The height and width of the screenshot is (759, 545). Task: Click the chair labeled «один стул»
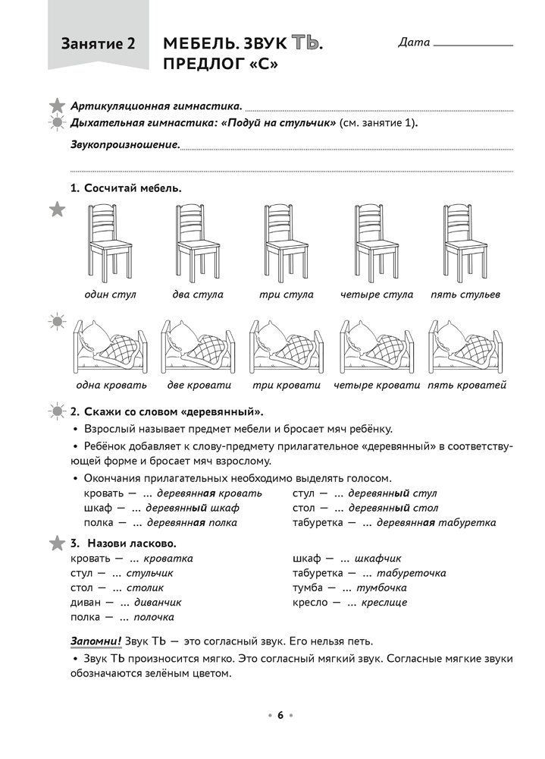(110, 241)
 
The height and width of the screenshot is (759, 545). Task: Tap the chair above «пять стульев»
(465, 241)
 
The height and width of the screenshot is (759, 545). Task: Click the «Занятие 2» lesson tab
(99, 45)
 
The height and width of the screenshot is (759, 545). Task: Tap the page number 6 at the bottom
(279, 715)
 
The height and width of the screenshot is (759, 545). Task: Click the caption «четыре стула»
(377, 294)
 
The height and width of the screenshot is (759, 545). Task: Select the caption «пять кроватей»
(466, 385)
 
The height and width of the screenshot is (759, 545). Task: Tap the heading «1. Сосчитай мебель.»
(126, 187)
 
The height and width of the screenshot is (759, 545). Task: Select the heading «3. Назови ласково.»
(123, 543)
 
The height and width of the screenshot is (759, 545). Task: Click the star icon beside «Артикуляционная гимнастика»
(57, 106)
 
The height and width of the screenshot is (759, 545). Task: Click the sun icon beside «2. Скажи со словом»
(57, 412)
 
